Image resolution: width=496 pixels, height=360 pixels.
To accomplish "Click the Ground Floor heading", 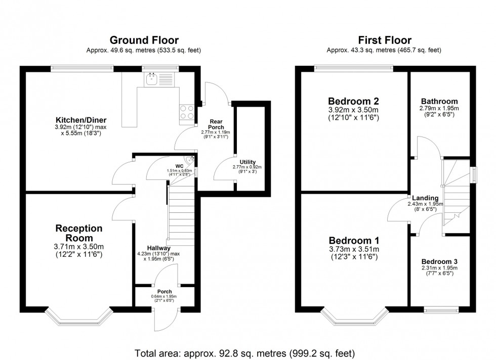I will point(144,40).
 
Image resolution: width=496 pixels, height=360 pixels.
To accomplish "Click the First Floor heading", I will point(384,40).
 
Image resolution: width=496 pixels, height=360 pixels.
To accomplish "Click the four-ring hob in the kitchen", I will point(186,111).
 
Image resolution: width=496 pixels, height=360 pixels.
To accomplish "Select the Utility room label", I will point(247,162).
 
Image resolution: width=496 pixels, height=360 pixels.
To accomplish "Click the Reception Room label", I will point(78,233).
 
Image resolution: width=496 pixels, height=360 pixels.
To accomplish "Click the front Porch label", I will point(164,292).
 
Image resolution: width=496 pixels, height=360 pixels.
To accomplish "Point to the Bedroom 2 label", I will point(353,101).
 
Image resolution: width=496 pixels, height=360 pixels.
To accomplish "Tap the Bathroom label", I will point(438,101).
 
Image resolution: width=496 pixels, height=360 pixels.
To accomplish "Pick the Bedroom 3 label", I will point(439,261).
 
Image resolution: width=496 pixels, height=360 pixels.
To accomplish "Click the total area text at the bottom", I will point(245,352).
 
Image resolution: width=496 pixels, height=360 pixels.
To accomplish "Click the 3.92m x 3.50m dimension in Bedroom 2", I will point(353,110).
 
